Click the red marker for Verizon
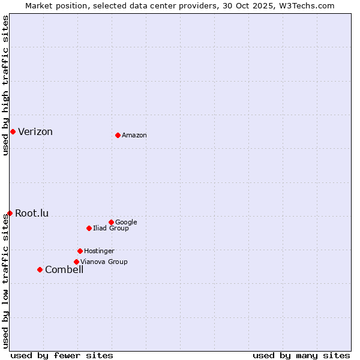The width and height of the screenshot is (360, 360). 13,131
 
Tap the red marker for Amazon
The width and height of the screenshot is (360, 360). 118,135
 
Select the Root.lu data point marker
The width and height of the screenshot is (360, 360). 10,213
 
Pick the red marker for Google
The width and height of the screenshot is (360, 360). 111,222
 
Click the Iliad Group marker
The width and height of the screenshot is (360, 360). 89,228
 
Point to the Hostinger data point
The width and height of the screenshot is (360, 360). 80,251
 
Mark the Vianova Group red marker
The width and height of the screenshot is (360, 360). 76,262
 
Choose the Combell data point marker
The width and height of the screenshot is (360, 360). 40,269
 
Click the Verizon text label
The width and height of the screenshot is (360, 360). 35,132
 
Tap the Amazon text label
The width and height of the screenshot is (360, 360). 134,136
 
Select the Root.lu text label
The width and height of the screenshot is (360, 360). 32,213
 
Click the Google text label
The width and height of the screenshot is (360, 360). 126,222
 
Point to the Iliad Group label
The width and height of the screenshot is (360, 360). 111,228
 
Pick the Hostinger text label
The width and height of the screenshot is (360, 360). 99,251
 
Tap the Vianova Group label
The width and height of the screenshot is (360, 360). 104,262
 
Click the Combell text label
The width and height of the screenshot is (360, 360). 64,269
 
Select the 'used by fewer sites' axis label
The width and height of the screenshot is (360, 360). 62,355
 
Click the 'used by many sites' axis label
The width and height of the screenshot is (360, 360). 301,355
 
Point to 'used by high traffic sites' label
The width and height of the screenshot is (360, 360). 5,85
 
